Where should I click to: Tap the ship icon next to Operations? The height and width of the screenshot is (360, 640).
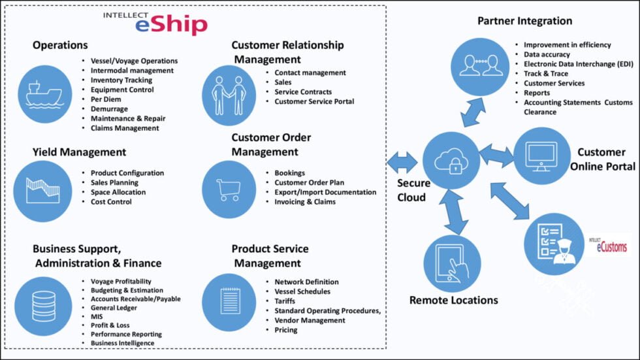point(44,94)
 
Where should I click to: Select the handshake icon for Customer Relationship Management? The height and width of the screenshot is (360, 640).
point(229,95)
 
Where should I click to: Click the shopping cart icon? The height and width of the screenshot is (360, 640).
point(229,188)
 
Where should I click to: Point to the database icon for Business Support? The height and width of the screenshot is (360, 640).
point(44,302)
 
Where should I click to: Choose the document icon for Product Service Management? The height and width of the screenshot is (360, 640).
point(229,301)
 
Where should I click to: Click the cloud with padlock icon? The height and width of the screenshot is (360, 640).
point(450,159)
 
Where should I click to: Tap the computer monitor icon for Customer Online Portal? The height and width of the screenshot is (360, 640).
point(541,155)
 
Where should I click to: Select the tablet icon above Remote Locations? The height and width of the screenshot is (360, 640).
point(452,263)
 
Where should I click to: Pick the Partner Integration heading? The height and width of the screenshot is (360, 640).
point(524,21)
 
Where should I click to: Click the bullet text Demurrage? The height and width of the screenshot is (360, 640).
point(109,109)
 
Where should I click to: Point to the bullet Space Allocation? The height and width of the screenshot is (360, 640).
point(118,192)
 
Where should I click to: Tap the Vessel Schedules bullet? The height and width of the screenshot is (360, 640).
point(302,291)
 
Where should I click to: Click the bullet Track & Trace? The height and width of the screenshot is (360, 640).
point(546,74)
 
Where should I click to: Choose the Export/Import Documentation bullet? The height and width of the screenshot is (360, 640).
point(325,192)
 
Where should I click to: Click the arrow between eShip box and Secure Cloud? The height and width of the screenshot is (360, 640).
point(402,161)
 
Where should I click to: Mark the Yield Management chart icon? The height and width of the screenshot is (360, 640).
point(43,189)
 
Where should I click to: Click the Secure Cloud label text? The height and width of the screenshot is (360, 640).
point(411,190)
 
